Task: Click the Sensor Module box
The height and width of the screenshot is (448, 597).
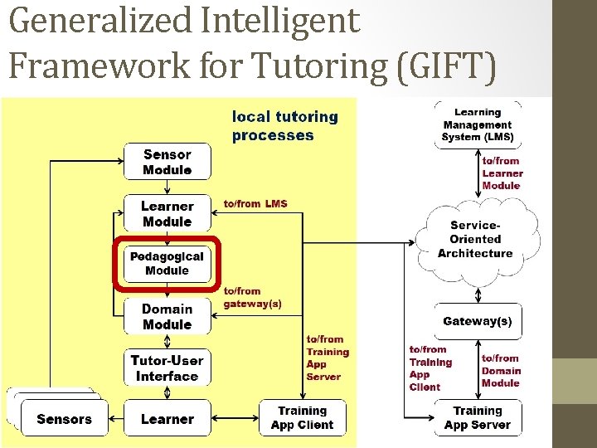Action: click(x=167, y=162)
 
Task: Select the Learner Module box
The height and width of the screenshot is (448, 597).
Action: click(x=167, y=213)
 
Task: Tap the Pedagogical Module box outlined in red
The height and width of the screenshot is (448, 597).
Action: click(x=167, y=264)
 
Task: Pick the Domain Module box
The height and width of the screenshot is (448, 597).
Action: click(x=167, y=316)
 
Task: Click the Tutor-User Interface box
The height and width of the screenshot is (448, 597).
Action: click(x=167, y=368)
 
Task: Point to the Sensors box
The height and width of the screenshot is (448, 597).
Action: click(x=64, y=419)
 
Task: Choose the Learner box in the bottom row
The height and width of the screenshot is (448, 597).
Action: click(x=167, y=419)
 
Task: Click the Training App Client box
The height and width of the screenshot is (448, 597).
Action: click(x=302, y=418)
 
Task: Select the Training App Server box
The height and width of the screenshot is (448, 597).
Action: click(x=478, y=418)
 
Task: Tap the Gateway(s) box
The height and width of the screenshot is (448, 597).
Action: click(x=478, y=321)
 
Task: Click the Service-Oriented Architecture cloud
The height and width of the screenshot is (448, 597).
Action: click(x=475, y=239)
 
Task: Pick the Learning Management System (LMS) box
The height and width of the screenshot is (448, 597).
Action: click(x=478, y=124)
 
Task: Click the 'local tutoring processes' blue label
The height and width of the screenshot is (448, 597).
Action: click(x=284, y=126)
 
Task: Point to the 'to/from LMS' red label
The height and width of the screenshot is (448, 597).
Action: click(x=255, y=203)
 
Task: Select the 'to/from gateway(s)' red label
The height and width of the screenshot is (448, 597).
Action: click(x=252, y=297)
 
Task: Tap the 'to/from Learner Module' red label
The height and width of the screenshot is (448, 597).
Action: click(x=502, y=173)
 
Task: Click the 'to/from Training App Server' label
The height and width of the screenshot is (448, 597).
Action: click(x=328, y=358)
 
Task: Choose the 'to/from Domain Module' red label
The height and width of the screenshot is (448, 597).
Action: click(x=501, y=371)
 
